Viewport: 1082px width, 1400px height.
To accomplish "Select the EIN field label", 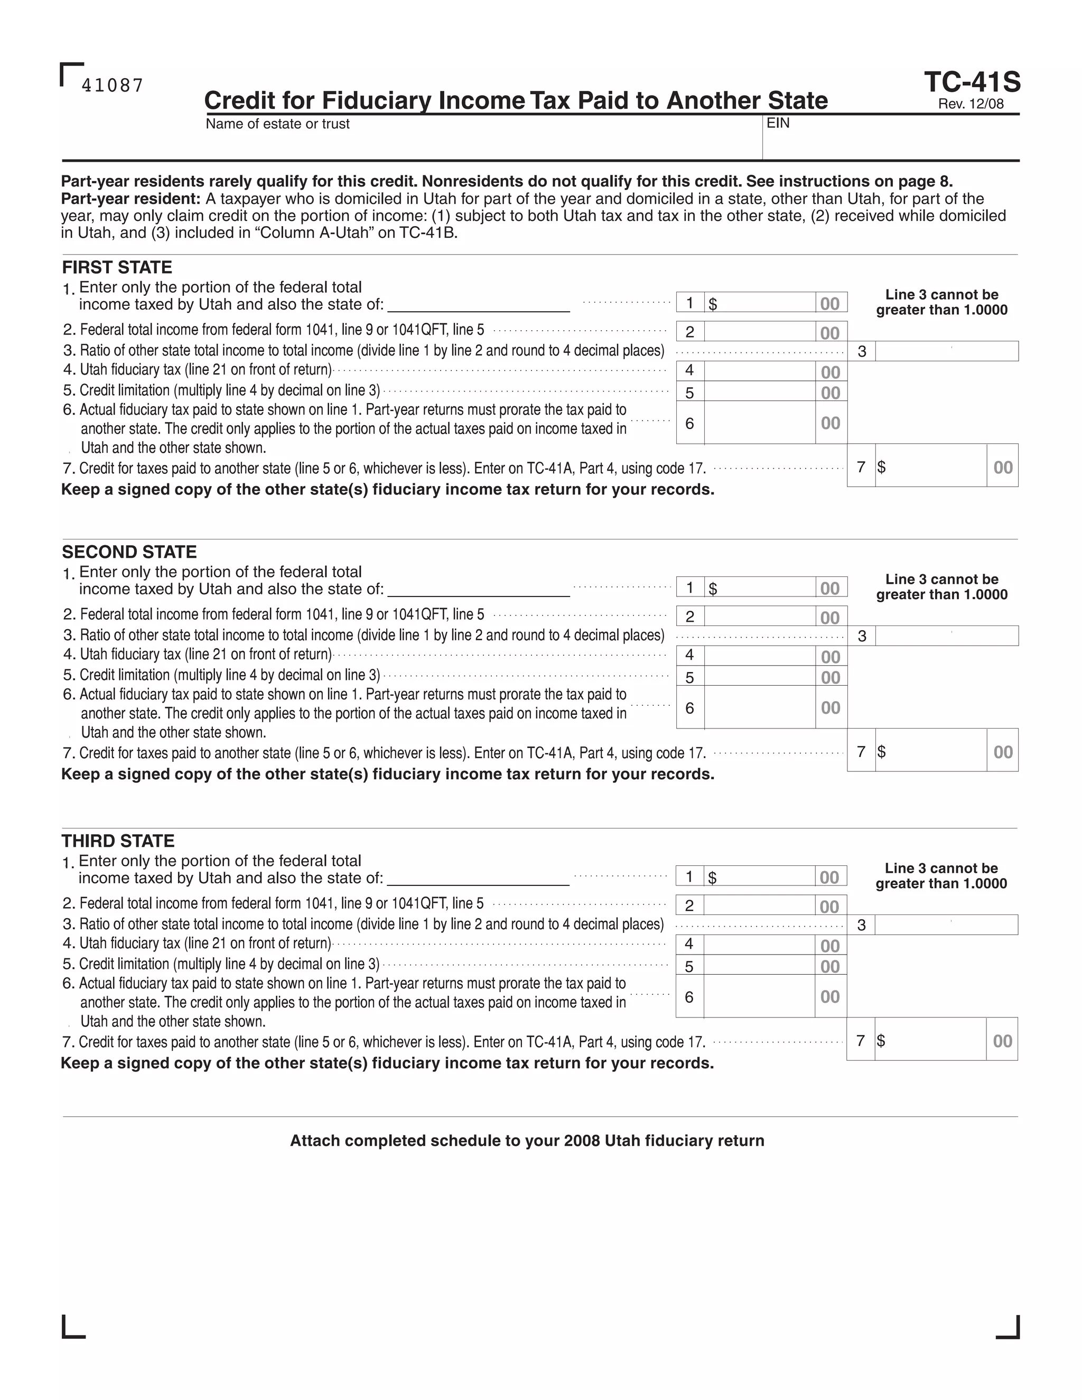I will [x=778, y=123].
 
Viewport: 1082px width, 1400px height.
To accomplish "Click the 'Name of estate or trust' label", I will [x=277, y=124].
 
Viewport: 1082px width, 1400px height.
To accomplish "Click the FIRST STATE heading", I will [x=117, y=267].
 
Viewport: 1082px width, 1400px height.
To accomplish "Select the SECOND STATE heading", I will [x=129, y=552].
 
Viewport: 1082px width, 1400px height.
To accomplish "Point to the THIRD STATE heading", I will [x=118, y=841].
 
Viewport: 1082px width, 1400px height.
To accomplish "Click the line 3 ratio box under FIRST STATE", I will [x=946, y=351].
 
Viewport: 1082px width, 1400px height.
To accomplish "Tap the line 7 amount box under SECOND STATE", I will [x=931, y=751].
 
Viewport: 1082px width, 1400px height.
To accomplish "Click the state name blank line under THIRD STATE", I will [x=478, y=878].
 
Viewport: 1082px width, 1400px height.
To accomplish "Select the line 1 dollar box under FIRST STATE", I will [x=760, y=303].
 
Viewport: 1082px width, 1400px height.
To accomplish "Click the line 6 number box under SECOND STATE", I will [x=689, y=708].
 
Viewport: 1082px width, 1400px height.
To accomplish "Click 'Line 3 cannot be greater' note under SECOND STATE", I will [x=941, y=586].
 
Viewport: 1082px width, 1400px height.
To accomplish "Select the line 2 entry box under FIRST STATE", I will [x=760, y=331].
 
